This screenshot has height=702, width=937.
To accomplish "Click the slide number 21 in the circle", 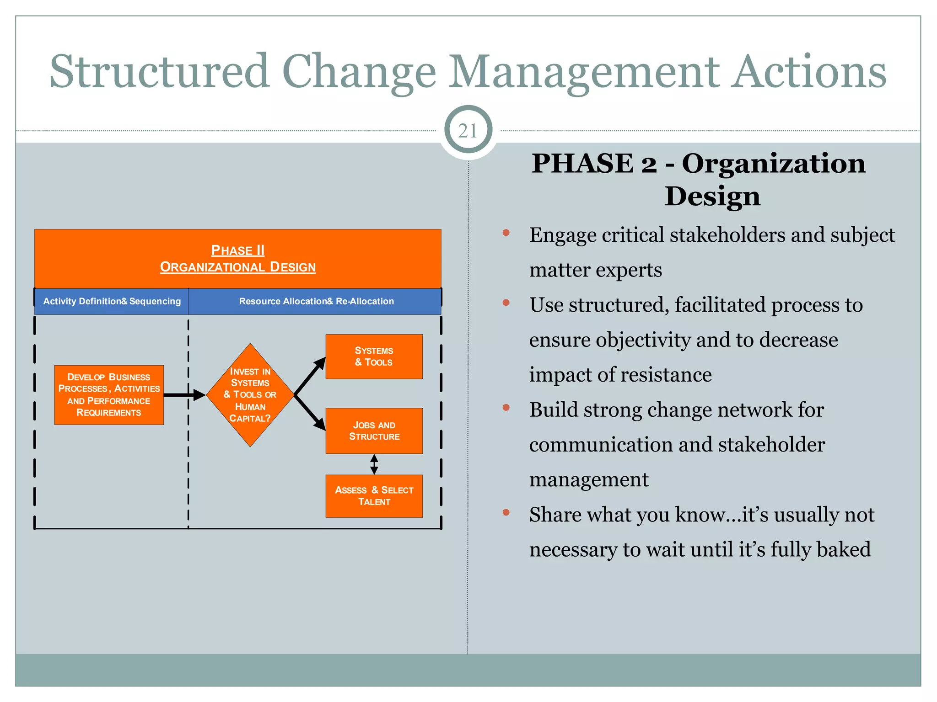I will pos(468,131).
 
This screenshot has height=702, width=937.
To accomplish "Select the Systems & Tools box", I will pos(374,356).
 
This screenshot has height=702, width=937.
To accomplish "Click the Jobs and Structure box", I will pos(374,431).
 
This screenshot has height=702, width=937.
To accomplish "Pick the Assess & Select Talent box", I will pos(374,496).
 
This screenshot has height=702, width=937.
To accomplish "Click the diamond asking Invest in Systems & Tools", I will pos(250,395).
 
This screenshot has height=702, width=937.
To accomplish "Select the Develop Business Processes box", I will pos(109,395).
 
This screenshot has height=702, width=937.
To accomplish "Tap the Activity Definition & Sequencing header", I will pos(112,301).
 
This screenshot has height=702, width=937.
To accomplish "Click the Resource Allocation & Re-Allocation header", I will pos(316,301).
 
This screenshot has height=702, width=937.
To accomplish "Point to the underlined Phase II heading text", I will pos(237,250).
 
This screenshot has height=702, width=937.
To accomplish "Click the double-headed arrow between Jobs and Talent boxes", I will pos(374,464).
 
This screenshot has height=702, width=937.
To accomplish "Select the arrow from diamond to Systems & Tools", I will pos(310,376).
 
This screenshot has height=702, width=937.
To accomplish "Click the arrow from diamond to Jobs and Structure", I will pos(310,413).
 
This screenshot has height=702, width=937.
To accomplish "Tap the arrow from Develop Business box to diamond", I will pos(184,395).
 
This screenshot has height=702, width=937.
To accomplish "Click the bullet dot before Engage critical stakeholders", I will pos(506,233).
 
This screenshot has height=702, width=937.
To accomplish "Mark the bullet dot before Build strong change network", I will pos(506,408).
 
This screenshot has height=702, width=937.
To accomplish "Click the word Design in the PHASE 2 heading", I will pos(712,197).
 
